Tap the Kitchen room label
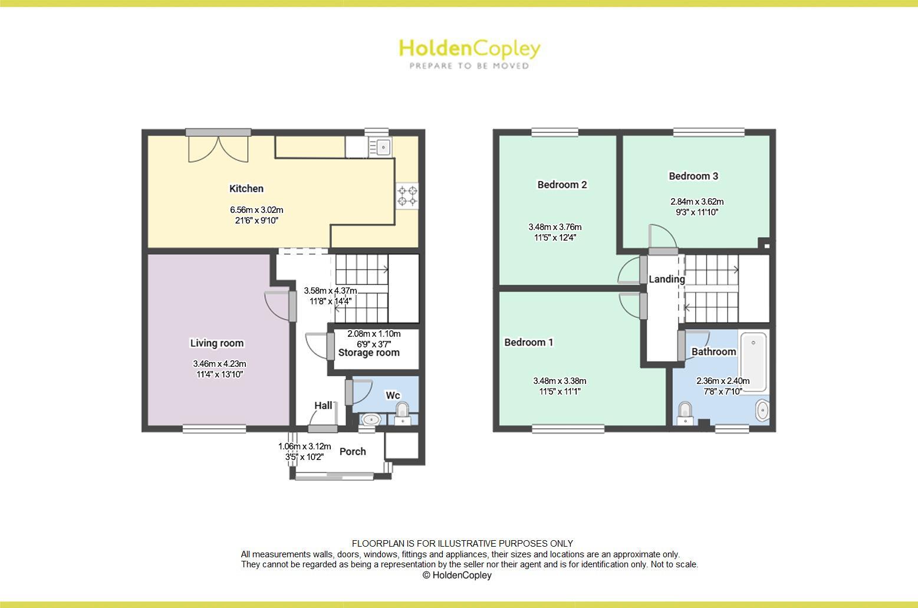click(246, 189)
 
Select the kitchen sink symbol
click(383, 146)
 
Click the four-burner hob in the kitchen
click(407, 196)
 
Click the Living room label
click(216, 343)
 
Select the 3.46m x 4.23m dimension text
click(219, 364)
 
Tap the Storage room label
click(368, 353)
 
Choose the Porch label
click(353, 452)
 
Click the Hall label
click(323, 406)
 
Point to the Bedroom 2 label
click(562, 185)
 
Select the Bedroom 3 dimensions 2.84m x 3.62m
click(697, 202)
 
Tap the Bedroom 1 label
click(528, 343)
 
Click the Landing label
click(667, 279)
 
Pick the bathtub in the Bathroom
click(754, 361)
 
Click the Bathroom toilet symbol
click(685, 412)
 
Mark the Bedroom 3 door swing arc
click(662, 236)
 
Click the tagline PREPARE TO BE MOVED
click(469, 66)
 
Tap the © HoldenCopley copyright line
click(457, 575)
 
